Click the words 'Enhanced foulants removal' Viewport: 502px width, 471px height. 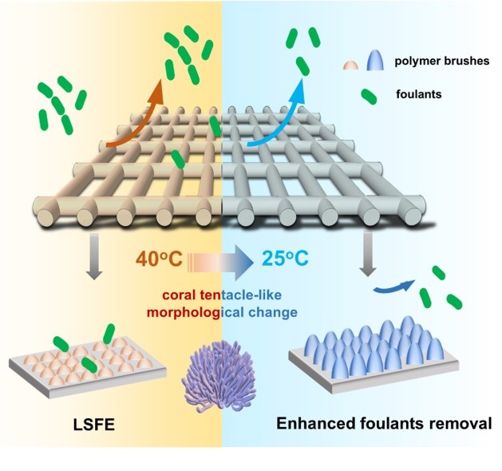384,421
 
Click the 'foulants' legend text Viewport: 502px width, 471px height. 417,94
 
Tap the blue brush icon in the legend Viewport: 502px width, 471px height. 373,59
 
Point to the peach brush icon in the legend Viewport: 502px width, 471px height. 349,63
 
